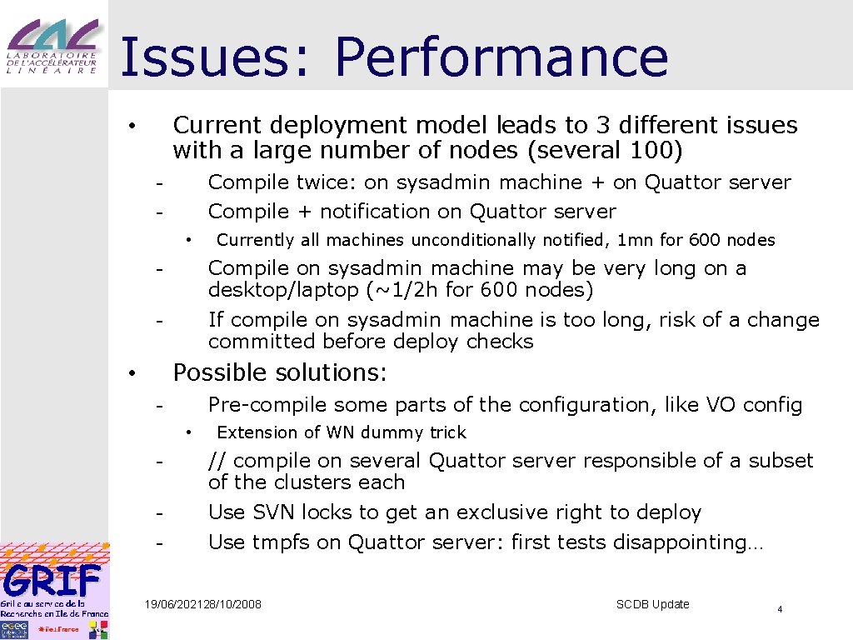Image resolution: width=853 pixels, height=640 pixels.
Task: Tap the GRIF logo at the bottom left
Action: point(54,591)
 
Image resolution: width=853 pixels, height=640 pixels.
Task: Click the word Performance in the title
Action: point(501,58)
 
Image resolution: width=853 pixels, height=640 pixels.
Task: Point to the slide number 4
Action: point(780,610)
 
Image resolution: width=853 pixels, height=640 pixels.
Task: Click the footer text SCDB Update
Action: point(652,604)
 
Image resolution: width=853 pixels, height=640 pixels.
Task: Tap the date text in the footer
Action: point(202,604)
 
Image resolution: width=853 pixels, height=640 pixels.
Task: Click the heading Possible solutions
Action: point(280,372)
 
